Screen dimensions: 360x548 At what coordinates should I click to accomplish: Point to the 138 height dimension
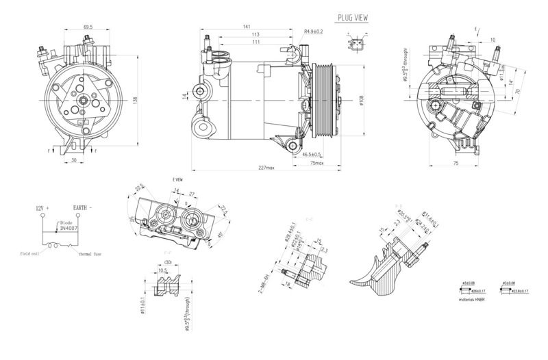[136, 100]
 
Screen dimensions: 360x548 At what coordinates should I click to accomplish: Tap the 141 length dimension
[246, 26]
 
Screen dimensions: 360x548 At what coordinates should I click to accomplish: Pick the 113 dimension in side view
[255, 34]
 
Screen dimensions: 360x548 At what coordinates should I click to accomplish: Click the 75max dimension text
[316, 164]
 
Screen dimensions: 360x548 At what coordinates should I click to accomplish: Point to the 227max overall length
[266, 168]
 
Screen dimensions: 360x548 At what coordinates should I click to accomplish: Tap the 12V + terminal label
[43, 206]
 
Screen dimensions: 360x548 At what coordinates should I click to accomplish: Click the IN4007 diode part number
[67, 229]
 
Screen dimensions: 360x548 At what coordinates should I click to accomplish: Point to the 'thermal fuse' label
[89, 253]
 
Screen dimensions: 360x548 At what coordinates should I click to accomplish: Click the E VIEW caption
[179, 179]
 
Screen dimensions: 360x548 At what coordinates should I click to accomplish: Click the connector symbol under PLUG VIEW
[359, 45]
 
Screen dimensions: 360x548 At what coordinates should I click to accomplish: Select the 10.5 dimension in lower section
[163, 270]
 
